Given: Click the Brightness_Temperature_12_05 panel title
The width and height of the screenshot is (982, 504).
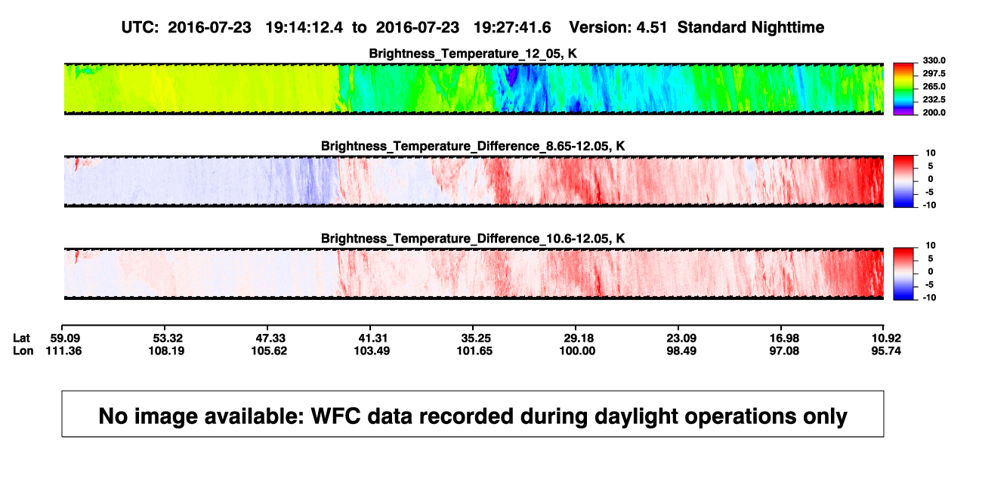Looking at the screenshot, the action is (473, 54).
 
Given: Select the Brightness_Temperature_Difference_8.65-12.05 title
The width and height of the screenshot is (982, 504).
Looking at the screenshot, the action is (473, 146).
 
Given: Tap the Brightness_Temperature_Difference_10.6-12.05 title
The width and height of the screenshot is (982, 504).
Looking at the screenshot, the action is (473, 239).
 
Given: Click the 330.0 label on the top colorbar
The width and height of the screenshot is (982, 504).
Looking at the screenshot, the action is (934, 60).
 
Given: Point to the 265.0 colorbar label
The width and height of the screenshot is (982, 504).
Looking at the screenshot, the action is (934, 86).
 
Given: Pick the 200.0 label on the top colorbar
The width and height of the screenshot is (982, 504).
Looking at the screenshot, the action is (934, 113).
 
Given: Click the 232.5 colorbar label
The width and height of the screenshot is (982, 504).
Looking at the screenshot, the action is (934, 100).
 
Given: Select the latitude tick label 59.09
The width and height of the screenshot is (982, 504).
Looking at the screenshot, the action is (65, 339).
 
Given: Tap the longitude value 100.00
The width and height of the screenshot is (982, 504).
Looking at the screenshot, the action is (577, 351).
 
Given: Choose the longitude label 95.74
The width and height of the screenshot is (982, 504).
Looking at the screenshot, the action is (886, 351).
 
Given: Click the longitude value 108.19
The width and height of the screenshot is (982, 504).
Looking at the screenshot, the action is (166, 351).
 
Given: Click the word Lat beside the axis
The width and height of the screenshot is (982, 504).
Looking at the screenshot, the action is (21, 339).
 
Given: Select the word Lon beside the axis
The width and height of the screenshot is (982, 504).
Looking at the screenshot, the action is (23, 351).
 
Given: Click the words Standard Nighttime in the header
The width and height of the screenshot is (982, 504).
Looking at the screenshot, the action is (751, 28).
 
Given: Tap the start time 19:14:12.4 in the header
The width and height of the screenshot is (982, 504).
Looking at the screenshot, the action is (304, 28).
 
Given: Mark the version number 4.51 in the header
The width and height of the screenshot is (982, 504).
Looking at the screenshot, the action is (652, 28).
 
